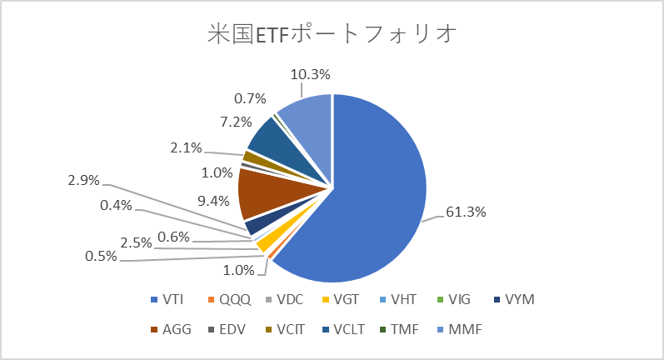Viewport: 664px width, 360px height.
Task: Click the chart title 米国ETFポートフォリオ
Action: point(332,33)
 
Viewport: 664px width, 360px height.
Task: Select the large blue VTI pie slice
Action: point(364,191)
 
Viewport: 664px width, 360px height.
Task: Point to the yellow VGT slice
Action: point(265,243)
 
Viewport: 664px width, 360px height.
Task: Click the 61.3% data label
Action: point(466,212)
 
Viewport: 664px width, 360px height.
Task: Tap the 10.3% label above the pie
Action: point(311,74)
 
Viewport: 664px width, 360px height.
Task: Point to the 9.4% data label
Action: point(214,201)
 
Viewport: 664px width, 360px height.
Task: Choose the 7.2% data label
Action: point(236,122)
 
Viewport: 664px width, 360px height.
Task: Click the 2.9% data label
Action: point(84,181)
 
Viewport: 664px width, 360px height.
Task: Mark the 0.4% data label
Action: point(117,205)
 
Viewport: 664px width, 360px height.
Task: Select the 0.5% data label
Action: point(101,256)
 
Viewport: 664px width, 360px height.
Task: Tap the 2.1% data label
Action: point(187,147)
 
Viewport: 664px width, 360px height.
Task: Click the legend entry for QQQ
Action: point(229,300)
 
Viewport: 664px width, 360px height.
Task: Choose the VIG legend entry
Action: point(453,300)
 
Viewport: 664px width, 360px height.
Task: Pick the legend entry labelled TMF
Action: point(399,329)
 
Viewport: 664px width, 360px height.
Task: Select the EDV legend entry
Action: point(227,329)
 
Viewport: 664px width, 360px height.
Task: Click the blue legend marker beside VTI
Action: point(154,300)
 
